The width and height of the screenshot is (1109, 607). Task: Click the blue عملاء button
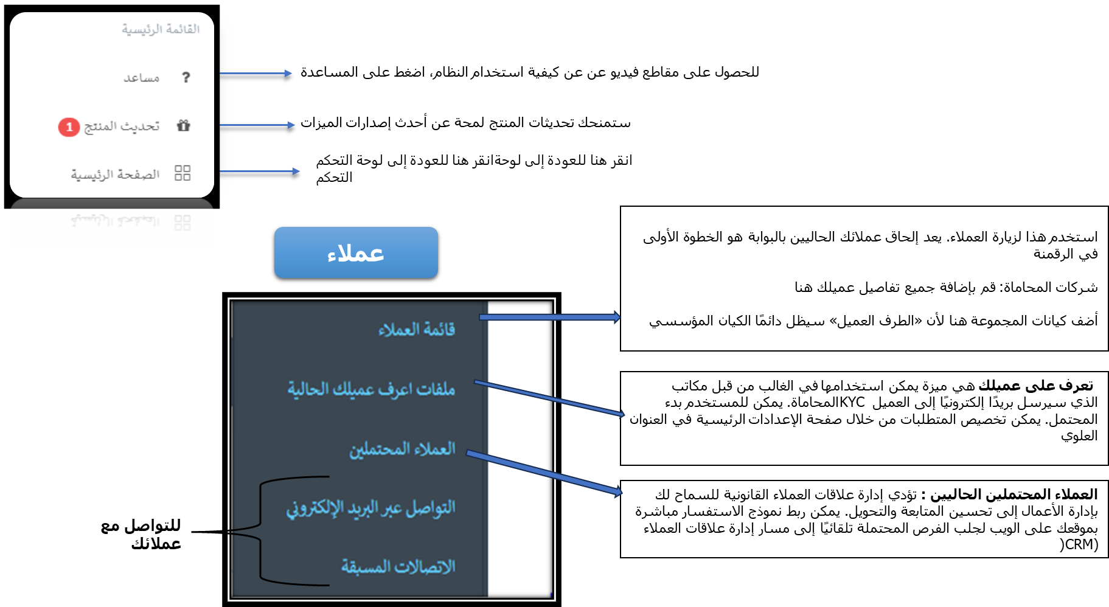coord(356,252)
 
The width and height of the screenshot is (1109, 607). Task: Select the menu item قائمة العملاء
coord(417,330)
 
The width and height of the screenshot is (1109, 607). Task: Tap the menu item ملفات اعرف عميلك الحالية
coord(371,389)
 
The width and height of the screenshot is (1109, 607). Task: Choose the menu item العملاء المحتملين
coord(402,449)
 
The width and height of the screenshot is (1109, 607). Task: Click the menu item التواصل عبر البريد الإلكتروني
coord(370,508)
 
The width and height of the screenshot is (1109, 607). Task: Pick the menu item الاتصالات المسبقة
coord(398,567)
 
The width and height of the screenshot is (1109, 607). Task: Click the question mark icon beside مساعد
coord(186,77)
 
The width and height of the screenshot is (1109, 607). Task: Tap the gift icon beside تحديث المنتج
coord(183,126)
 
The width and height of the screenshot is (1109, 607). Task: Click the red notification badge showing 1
coord(69,127)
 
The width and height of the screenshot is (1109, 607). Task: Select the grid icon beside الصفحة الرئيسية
coord(183,173)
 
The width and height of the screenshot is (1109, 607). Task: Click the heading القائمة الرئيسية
coord(161,29)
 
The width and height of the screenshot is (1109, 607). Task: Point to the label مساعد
coord(142,78)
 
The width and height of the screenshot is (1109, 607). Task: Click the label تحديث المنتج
coord(122,126)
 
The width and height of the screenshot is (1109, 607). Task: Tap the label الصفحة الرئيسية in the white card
coord(115,175)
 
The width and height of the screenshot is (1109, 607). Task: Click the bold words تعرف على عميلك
coord(1035,386)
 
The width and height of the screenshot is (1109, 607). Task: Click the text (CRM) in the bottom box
coord(1079,544)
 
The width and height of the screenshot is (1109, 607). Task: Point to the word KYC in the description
coord(852,403)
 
